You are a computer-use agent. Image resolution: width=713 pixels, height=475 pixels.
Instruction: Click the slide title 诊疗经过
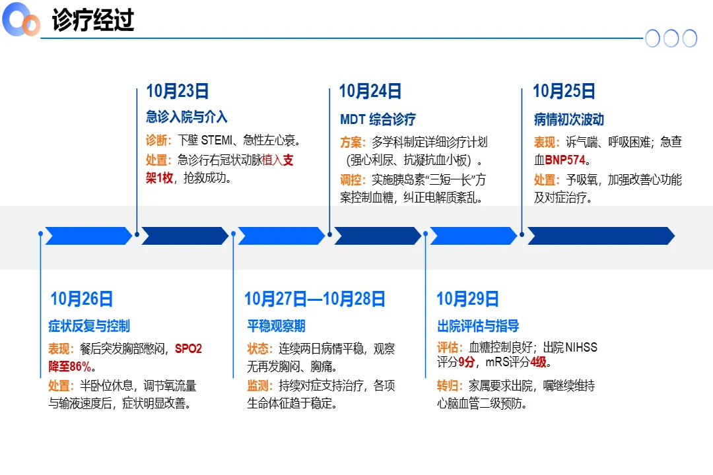click(93, 20)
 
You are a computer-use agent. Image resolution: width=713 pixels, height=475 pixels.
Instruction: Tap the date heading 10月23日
click(177, 91)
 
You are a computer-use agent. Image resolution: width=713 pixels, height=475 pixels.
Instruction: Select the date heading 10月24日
click(370, 91)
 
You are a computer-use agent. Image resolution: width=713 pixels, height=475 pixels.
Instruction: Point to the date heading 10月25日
click(564, 91)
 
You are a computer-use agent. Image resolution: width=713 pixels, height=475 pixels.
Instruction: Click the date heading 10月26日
click(81, 299)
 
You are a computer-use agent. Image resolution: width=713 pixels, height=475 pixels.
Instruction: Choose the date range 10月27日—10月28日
click(314, 299)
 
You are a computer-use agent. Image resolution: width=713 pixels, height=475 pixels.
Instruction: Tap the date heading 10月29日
click(467, 299)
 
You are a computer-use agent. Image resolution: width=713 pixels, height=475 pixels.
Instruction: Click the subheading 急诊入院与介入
click(186, 117)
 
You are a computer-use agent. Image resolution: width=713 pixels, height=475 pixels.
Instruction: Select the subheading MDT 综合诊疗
click(378, 119)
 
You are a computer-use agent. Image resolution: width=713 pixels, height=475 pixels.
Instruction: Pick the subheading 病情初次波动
click(568, 119)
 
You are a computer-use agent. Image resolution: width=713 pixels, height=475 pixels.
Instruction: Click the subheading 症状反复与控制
click(89, 326)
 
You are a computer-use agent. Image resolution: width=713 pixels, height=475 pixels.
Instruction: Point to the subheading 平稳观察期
click(276, 326)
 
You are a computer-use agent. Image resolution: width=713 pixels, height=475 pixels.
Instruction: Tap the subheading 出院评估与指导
click(478, 326)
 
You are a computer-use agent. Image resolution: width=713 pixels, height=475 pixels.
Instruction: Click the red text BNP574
click(567, 160)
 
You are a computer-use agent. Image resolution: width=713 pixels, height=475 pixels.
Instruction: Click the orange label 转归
click(450, 386)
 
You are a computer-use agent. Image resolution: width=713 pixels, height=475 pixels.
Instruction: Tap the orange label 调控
click(353, 179)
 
